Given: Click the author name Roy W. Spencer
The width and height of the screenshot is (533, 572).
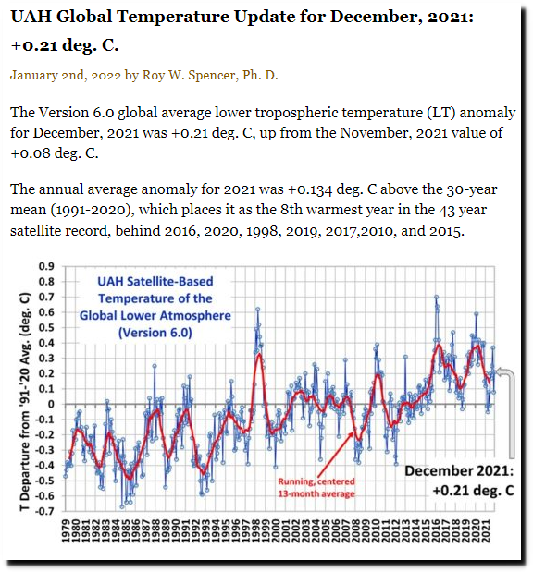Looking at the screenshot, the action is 190,75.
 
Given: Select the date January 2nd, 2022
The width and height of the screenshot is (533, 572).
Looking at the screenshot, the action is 66,76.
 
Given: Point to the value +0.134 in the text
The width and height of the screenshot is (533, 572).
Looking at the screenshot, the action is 310,189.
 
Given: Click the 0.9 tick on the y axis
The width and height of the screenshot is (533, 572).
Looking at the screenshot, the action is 46,266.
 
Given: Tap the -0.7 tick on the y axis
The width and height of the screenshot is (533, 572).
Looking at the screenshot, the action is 44,511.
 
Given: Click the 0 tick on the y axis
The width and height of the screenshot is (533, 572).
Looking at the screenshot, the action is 51,404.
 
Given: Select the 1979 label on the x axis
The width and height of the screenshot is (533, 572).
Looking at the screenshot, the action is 66,531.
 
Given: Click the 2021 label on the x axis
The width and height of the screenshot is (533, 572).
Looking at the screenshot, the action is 486,531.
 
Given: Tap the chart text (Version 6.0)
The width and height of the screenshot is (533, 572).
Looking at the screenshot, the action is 155,333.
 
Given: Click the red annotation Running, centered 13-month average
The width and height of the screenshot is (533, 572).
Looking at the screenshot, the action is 316,488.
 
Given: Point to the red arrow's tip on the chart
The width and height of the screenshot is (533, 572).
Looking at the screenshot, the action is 353,432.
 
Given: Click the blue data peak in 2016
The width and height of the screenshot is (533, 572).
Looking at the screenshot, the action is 436,297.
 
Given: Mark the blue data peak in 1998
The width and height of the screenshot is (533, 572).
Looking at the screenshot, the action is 257,310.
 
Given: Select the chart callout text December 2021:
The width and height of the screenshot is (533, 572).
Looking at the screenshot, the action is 459,470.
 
